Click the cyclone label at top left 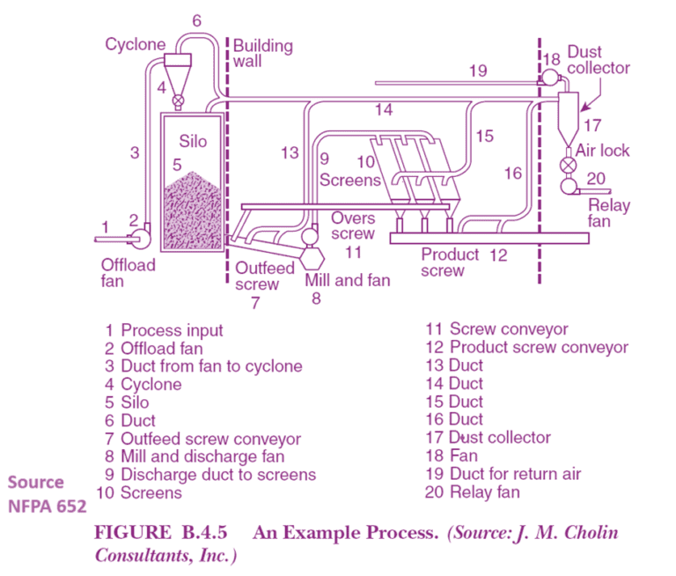pyautogui.click(x=135, y=44)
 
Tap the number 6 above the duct pyautogui.click(x=196, y=19)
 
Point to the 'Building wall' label pyautogui.click(x=262, y=54)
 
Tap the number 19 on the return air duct pyautogui.click(x=477, y=70)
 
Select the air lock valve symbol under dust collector pyautogui.click(x=569, y=165)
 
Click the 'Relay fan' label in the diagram pyautogui.click(x=609, y=214)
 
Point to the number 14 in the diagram pyautogui.click(x=383, y=110)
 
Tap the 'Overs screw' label pyautogui.click(x=352, y=226)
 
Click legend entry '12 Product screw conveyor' pyautogui.click(x=526, y=347)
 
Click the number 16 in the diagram pyautogui.click(x=512, y=174)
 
